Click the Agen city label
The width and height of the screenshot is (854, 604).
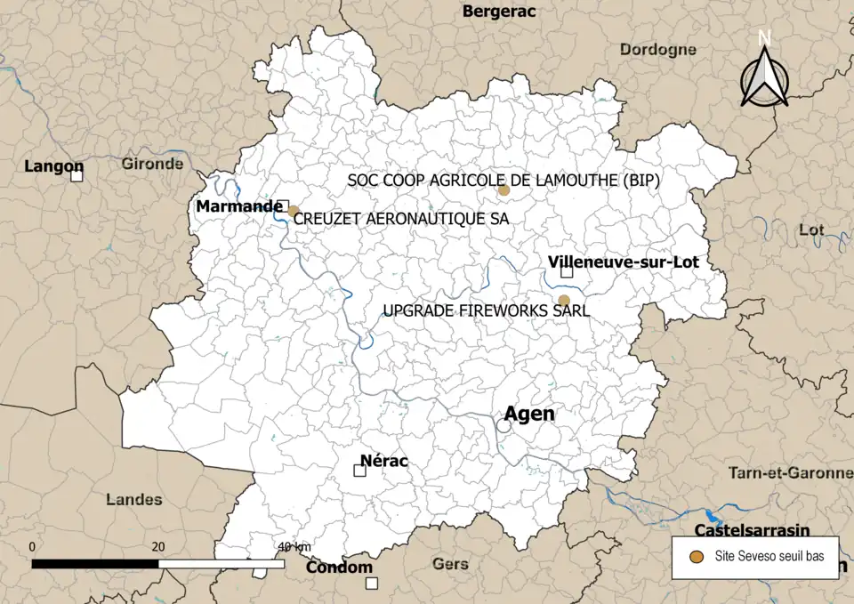(528, 414)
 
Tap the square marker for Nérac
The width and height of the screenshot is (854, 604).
(360, 471)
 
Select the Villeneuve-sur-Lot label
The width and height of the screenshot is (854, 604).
(624, 262)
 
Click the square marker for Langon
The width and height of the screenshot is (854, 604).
(77, 176)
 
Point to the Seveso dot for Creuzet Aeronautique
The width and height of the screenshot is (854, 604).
(293, 211)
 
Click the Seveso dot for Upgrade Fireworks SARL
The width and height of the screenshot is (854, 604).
(563, 301)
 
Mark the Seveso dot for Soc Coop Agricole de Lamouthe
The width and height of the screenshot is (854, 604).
(504, 190)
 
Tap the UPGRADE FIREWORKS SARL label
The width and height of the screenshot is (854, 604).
(486, 311)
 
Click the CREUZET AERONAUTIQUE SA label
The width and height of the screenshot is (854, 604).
(400, 218)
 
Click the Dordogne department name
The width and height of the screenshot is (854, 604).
(657, 50)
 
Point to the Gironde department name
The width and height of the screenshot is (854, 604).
(153, 164)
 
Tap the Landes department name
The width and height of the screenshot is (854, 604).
(133, 499)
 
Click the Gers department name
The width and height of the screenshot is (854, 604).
(449, 564)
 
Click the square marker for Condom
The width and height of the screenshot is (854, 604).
(372, 584)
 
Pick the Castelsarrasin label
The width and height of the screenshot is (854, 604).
(752, 531)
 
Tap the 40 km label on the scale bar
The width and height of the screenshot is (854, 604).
(294, 545)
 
